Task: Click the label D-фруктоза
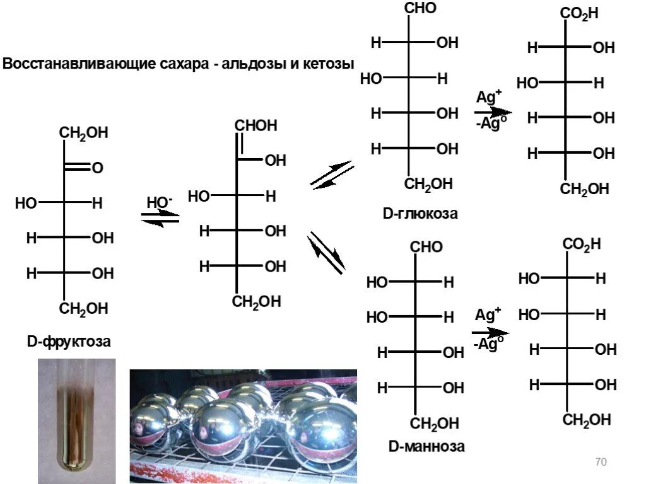coord(69,342)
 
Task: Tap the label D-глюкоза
coord(420,214)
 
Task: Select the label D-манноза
coord(426,447)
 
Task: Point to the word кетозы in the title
coord(329,64)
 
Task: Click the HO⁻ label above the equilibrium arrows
coord(160,203)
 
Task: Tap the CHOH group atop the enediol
coord(255,125)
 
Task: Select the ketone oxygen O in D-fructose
coord(97,168)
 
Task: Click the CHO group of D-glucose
coord(420,9)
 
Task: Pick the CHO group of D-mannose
coord(427,247)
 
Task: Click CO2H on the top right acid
coord(580,14)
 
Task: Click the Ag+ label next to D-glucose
coord(489,98)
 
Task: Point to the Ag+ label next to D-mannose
coord(488,315)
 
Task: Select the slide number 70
coord(601,463)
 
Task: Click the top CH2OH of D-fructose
coord(84,133)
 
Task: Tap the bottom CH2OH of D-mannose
coord(436,423)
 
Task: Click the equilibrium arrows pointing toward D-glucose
coord(332,175)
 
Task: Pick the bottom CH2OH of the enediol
coord(256,302)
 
